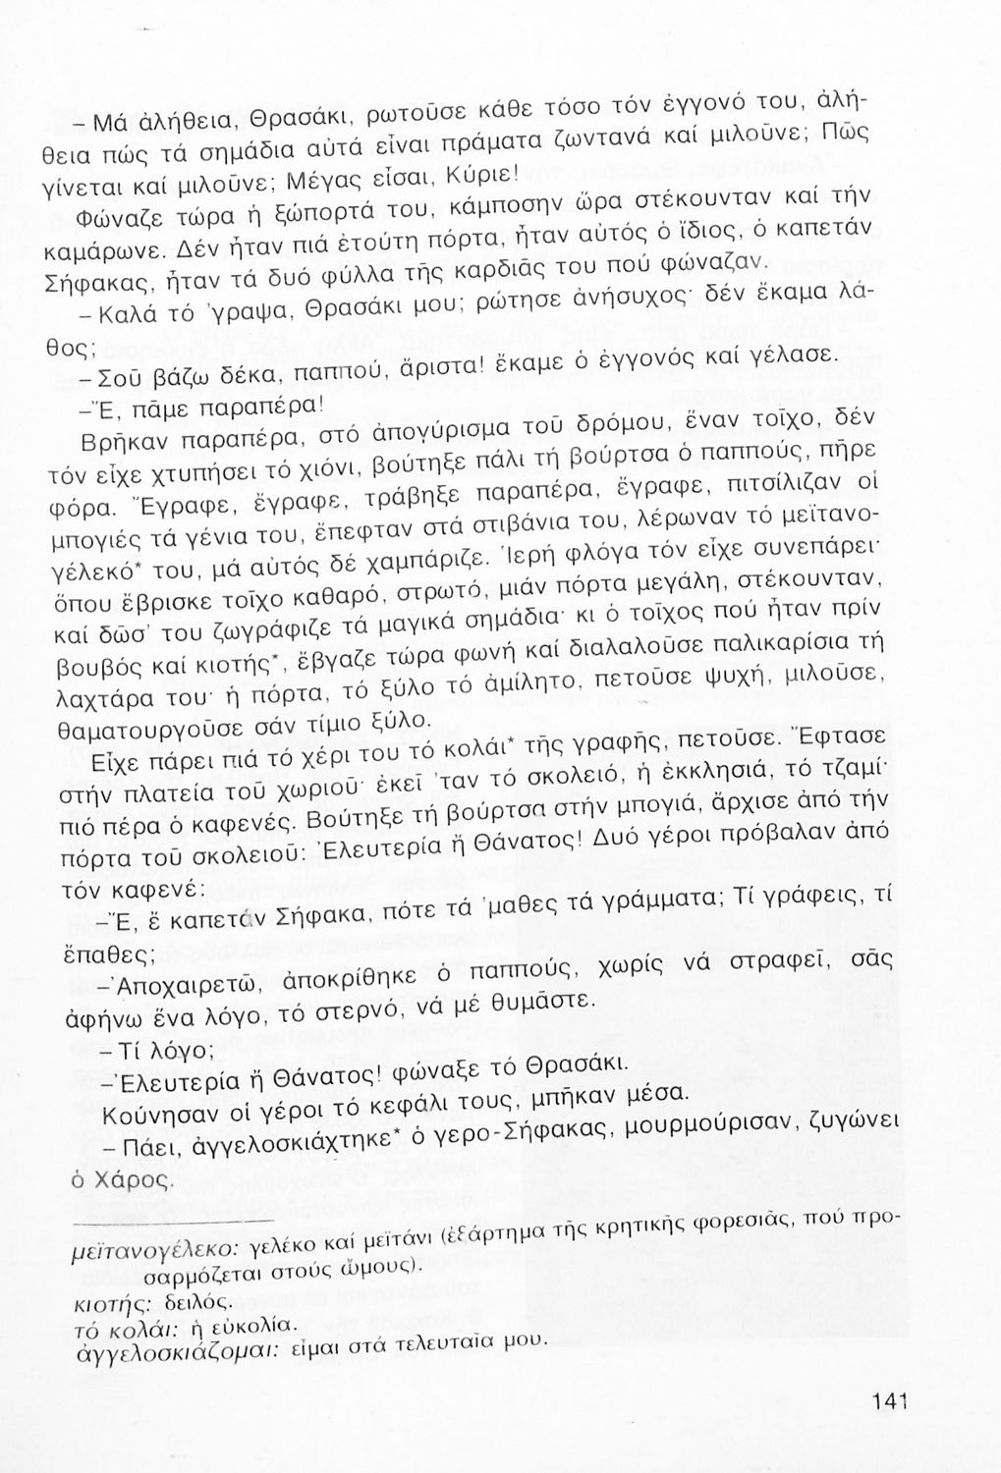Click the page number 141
pos(886,1401)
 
